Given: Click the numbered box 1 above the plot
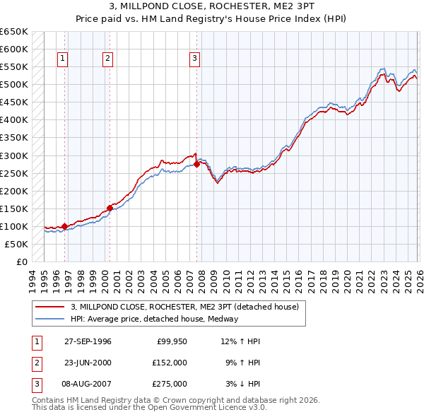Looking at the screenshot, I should click(63, 59).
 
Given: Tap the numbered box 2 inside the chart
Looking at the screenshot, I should click(107, 59).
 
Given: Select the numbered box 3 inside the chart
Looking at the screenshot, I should click(194, 59).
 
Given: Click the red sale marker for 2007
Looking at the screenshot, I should click(196, 164).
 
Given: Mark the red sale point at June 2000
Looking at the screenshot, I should click(110, 208).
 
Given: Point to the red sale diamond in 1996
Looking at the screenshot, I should click(65, 226).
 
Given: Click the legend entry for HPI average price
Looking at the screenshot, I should click(155, 319).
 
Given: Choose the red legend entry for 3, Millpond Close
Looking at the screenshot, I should click(185, 307).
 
